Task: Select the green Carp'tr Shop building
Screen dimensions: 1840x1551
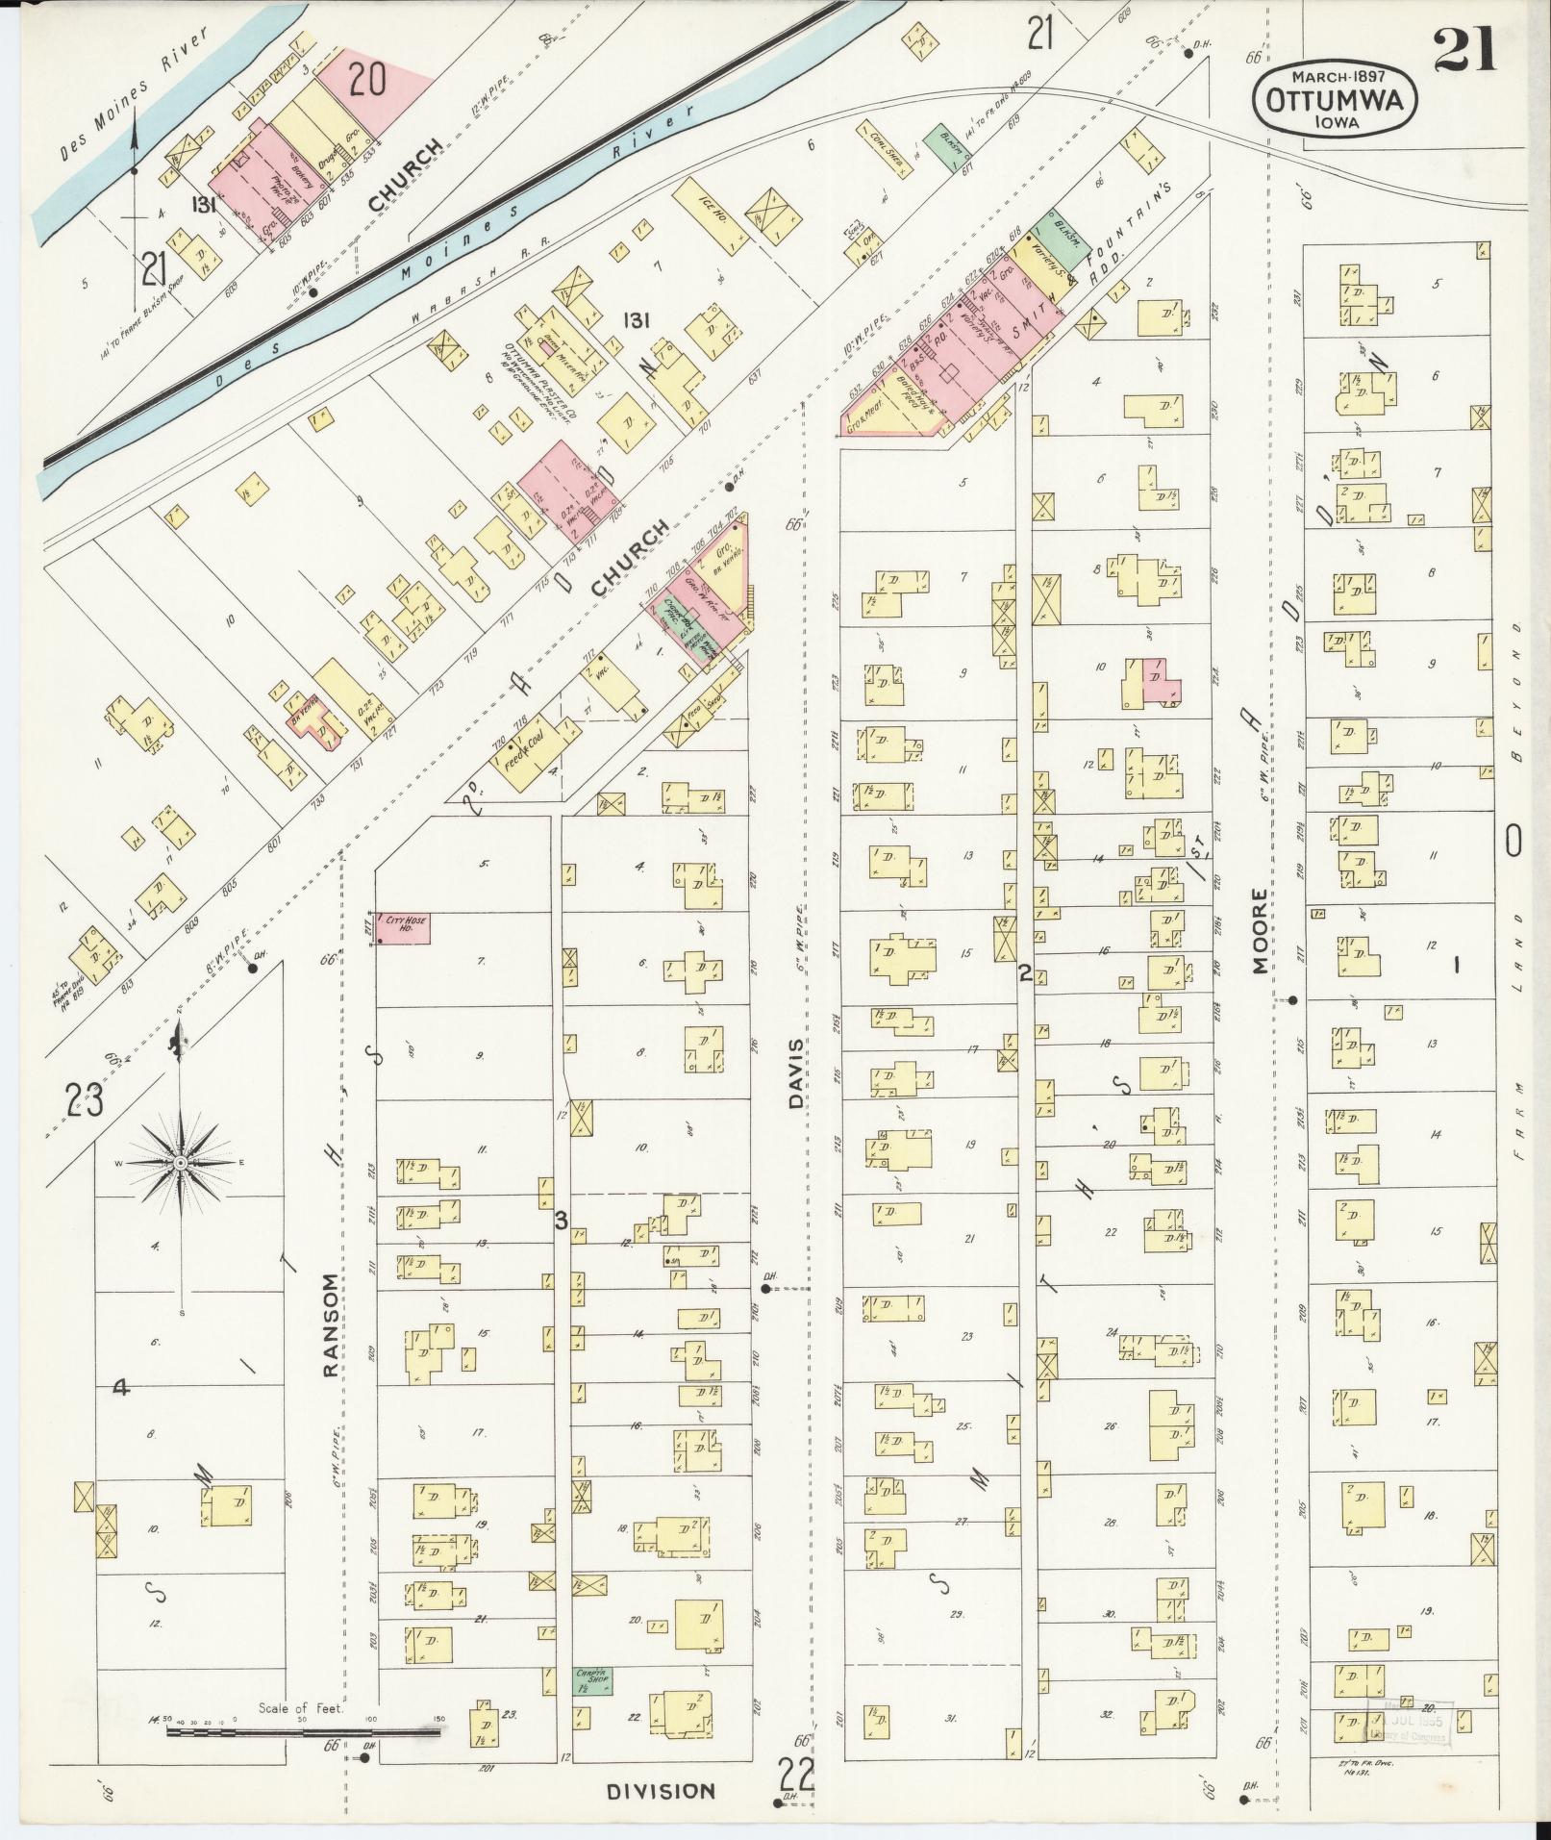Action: pos(592,1679)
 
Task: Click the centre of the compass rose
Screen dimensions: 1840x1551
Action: pos(180,1164)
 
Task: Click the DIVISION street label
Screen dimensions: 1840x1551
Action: pos(662,1791)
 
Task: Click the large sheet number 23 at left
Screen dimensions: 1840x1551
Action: pos(84,1099)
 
